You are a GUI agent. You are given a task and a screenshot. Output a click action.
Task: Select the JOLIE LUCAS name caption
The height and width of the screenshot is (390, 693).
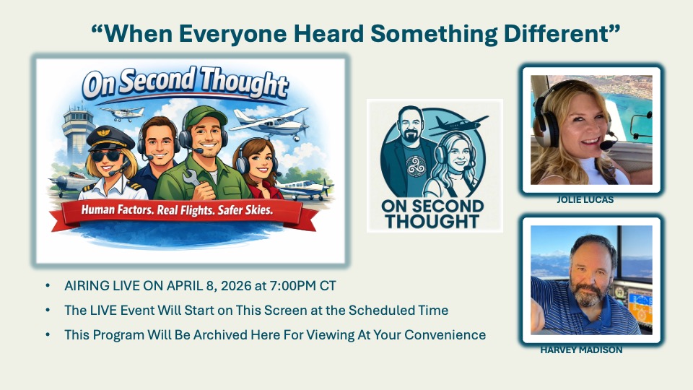pyautogui.click(x=585, y=200)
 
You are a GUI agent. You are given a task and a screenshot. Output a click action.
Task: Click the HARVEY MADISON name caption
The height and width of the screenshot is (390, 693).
pyautogui.click(x=581, y=350)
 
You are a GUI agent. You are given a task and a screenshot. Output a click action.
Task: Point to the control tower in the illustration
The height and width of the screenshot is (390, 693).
pyautogui.click(x=78, y=134)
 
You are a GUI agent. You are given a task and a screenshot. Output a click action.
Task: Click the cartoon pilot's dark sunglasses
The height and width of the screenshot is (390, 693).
pyautogui.click(x=106, y=156)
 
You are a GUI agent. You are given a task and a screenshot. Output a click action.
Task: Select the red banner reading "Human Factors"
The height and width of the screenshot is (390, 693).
pyautogui.click(x=184, y=214)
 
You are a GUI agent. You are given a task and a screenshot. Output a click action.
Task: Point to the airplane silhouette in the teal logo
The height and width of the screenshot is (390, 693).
pyautogui.click(x=459, y=125)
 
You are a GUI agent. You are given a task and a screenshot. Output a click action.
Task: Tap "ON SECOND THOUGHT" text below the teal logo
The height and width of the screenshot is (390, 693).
pyautogui.click(x=432, y=214)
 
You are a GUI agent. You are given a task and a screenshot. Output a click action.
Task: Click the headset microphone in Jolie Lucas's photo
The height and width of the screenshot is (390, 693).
pyautogui.click(x=606, y=144)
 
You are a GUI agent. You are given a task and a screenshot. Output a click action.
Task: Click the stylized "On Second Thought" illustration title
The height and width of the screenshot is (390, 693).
pyautogui.click(x=186, y=83)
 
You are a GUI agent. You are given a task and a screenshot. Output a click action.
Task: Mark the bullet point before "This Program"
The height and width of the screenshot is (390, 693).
pyautogui.click(x=48, y=334)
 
